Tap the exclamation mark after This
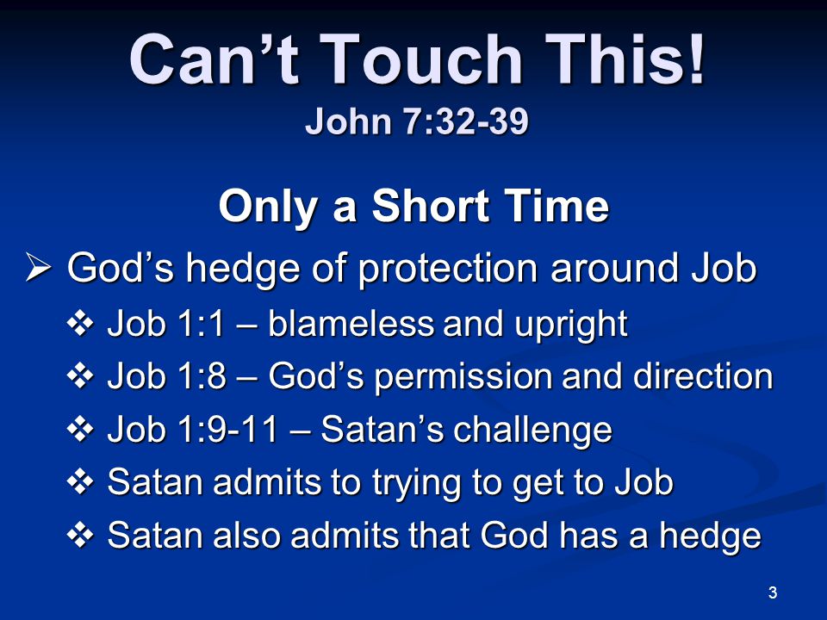(696, 59)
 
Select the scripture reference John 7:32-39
(417, 121)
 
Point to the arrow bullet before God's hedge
(39, 267)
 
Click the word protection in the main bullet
(448, 270)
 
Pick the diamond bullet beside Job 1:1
(80, 323)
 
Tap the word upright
(571, 325)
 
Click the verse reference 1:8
(203, 376)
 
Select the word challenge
(532, 431)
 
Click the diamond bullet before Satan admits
(80, 482)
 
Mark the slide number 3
(773, 592)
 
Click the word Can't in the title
(215, 59)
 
